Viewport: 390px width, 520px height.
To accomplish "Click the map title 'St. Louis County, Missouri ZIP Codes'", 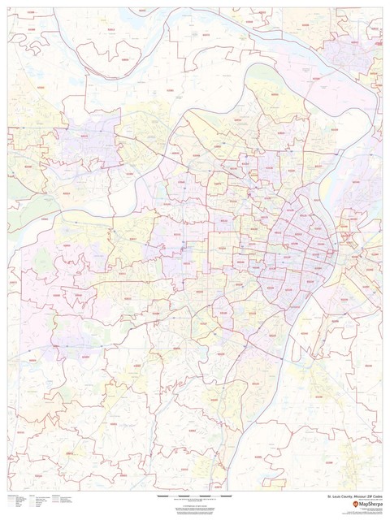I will click(x=353, y=495).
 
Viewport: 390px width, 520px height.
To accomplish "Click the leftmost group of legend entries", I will click(x=18, y=500).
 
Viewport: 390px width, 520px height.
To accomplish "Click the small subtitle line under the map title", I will click(x=362, y=499).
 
